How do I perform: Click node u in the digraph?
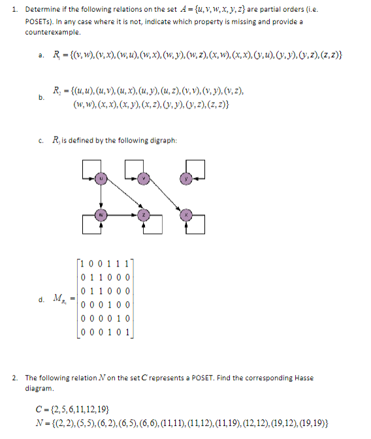pyautogui.click(x=101, y=178)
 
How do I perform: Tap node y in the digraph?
pyautogui.click(x=185, y=178)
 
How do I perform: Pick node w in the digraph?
pyautogui.click(x=101, y=214)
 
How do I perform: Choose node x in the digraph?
pyautogui.click(x=185, y=214)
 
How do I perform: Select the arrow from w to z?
pyautogui.click(x=122, y=214)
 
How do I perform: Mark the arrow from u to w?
pyautogui.click(x=101, y=196)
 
